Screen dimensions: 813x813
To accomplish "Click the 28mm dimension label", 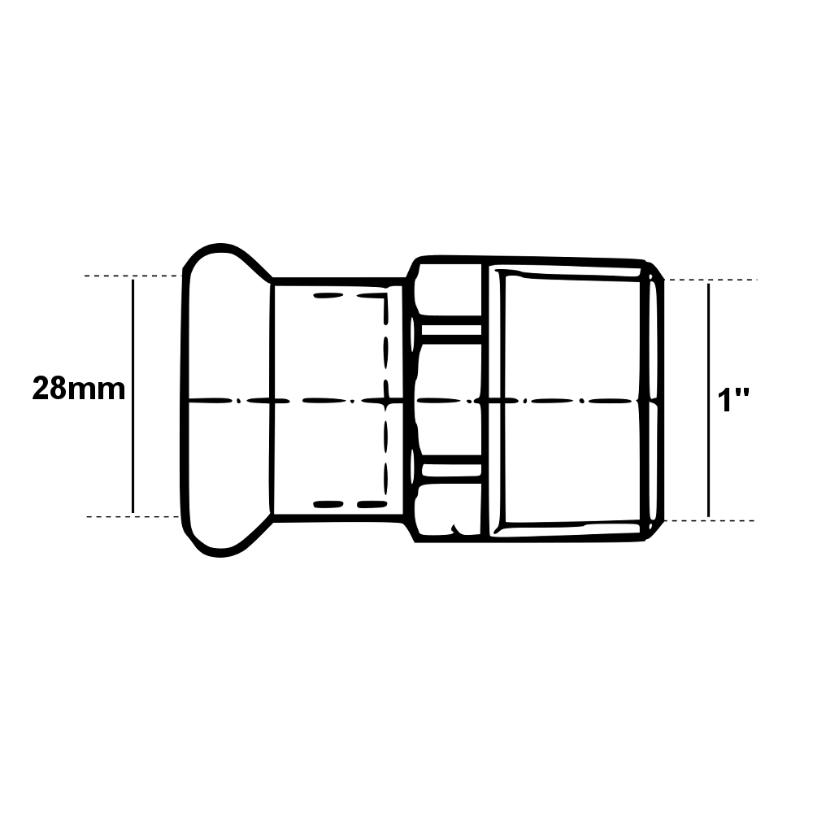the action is point(79,389).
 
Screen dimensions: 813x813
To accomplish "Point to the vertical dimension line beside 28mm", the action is point(133,396).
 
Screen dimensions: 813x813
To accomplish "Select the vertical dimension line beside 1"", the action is point(709,400).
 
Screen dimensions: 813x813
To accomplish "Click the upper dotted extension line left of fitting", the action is point(133,276).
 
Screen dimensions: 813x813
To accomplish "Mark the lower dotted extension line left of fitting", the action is point(133,516).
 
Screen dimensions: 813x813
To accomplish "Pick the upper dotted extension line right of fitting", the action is point(711,280).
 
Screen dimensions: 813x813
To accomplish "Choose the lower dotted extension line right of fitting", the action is point(709,520).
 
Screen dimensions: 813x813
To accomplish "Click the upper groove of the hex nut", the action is point(451,330).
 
